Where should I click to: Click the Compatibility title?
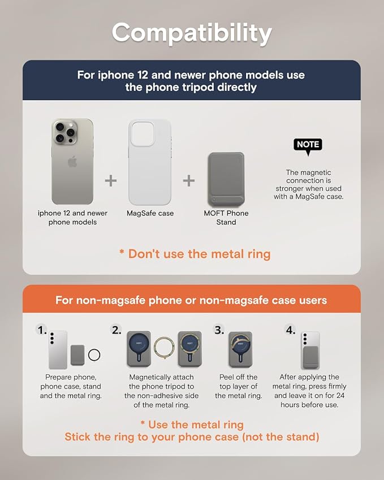click(x=192, y=33)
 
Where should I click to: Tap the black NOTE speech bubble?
click(x=308, y=145)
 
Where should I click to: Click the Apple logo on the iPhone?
click(x=72, y=161)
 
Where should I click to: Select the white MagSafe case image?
click(x=150, y=162)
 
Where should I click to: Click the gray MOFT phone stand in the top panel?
click(x=226, y=179)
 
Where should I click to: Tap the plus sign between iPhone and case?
click(x=110, y=180)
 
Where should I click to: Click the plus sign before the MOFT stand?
click(x=189, y=180)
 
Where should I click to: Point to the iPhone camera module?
click(x=65, y=132)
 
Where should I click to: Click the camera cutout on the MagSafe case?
click(x=143, y=133)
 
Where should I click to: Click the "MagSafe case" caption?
click(x=150, y=213)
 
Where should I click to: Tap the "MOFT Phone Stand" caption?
click(x=226, y=218)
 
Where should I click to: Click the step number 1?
click(x=41, y=330)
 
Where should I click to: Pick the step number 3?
click(x=219, y=330)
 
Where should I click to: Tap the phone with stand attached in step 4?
click(x=310, y=351)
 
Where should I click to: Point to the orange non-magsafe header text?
click(x=191, y=300)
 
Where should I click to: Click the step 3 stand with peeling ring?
click(x=240, y=349)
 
